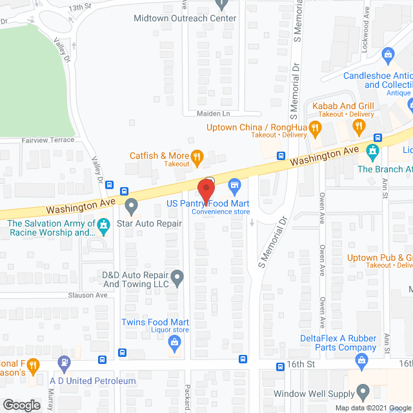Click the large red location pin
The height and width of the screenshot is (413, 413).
(205, 190)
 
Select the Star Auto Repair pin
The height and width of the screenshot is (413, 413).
(132, 206)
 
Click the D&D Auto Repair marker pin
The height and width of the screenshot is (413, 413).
(179, 278)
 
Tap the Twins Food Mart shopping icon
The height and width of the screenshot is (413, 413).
(174, 341)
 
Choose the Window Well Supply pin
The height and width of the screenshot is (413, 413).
(363, 390)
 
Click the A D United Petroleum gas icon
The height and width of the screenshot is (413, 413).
(63, 363)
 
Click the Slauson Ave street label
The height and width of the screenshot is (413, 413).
(88, 295)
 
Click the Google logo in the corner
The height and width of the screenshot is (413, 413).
(22, 405)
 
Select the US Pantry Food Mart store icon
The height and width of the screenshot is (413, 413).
(235, 186)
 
